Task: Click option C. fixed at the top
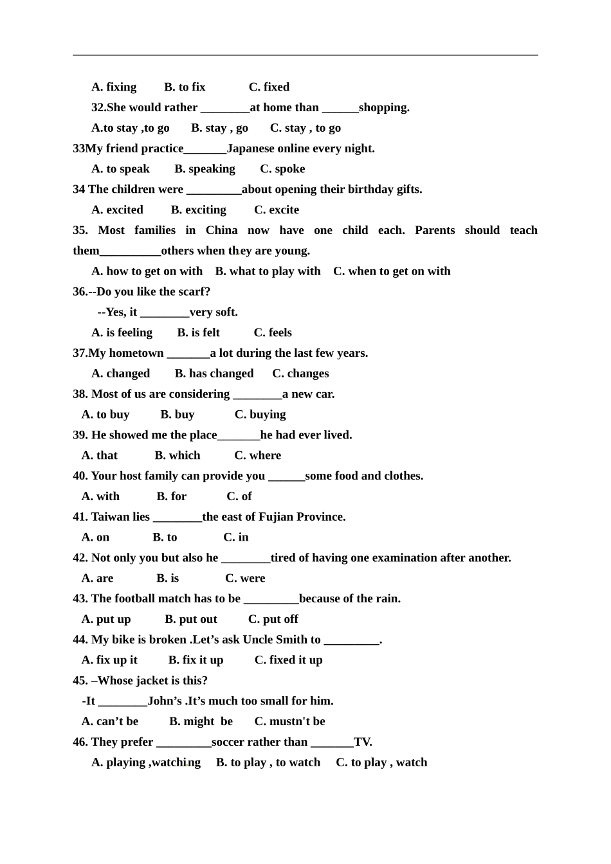(269, 87)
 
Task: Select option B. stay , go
(219, 128)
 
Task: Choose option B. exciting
(198, 210)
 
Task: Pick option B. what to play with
(268, 271)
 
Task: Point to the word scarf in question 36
(194, 292)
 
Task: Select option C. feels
(273, 332)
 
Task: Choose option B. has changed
(214, 373)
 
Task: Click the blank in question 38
(257, 395)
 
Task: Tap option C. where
(257, 455)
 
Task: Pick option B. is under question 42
(167, 578)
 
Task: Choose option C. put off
(273, 619)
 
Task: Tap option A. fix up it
(109, 660)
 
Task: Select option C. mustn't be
(289, 721)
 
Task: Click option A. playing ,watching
(146, 762)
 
